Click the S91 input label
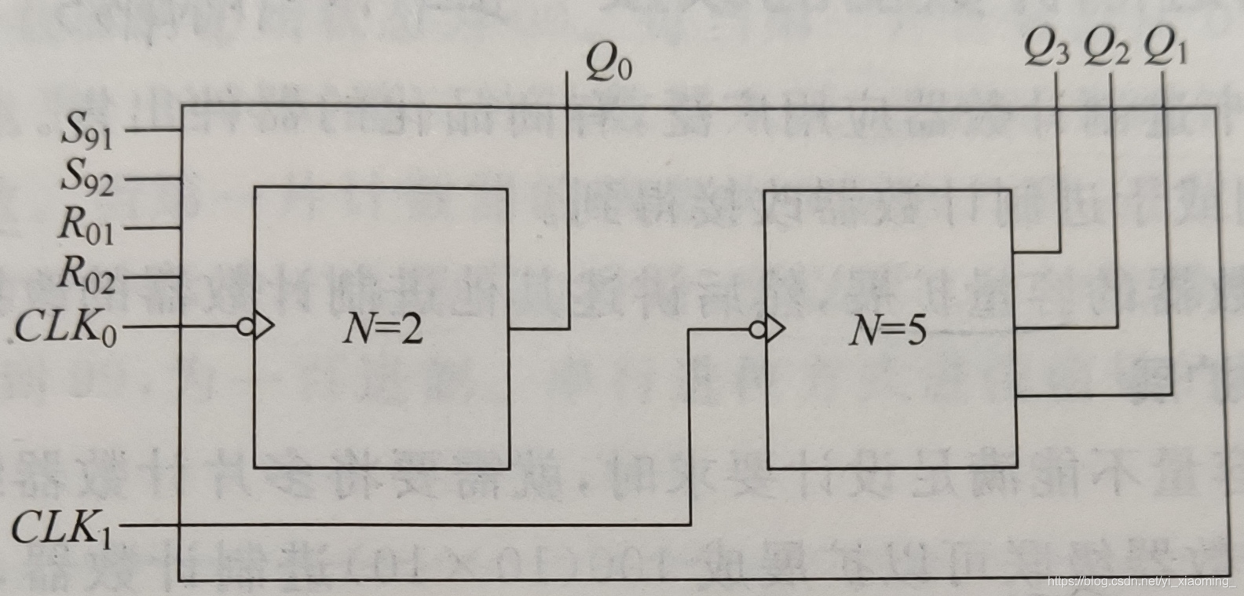click(x=87, y=131)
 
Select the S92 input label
click(x=87, y=177)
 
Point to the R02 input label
click(x=86, y=276)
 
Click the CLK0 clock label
click(x=66, y=326)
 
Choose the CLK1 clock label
click(x=62, y=527)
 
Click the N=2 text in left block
click(x=382, y=328)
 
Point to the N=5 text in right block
click(x=887, y=330)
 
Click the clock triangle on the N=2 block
click(x=264, y=326)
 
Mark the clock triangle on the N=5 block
click(x=775, y=329)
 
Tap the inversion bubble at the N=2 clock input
click(x=246, y=326)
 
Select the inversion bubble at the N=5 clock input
click(x=758, y=329)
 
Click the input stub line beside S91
click(x=153, y=130)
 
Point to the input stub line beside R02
click(x=153, y=277)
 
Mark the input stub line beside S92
click(x=153, y=179)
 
